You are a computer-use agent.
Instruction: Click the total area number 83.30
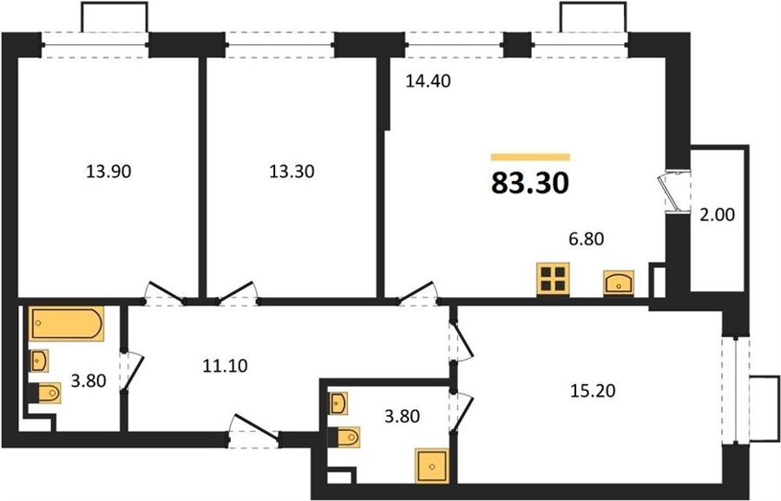click(x=530, y=183)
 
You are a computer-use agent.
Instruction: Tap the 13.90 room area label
click(x=108, y=172)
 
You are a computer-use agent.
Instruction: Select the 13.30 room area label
click(x=292, y=172)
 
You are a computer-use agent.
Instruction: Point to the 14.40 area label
click(x=428, y=81)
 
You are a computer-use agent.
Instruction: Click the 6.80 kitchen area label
click(x=587, y=239)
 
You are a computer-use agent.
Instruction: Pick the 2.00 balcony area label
click(x=718, y=215)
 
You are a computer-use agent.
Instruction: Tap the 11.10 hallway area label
click(x=225, y=366)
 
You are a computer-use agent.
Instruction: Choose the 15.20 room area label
click(x=593, y=391)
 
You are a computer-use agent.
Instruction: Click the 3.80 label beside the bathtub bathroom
click(x=89, y=381)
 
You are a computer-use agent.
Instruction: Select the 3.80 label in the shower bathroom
click(x=403, y=416)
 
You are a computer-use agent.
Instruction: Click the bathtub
click(x=66, y=324)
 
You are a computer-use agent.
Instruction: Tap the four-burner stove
click(x=553, y=280)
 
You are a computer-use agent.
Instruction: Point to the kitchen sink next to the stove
click(x=619, y=283)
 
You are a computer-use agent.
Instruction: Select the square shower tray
click(x=432, y=466)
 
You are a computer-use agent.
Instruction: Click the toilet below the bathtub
click(x=45, y=393)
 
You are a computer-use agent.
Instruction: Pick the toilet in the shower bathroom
click(x=344, y=438)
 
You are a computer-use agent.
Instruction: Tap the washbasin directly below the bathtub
click(x=39, y=361)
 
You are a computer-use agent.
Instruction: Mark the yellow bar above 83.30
click(x=530, y=157)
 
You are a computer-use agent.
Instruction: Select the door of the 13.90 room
click(x=164, y=293)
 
